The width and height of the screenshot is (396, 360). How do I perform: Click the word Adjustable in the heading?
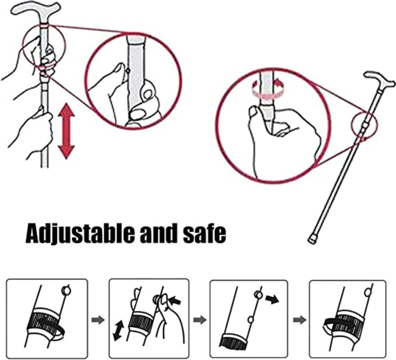[x=80, y=234]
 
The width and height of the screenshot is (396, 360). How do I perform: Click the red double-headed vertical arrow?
[x=66, y=131]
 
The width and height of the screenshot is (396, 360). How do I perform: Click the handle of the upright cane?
[x=36, y=9]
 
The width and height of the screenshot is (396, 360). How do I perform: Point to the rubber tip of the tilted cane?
[x=312, y=239]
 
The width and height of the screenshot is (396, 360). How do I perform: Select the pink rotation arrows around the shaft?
[x=267, y=90]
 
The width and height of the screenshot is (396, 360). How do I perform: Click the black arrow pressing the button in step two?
[x=175, y=301]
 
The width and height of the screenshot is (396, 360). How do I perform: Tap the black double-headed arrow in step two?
[x=118, y=330]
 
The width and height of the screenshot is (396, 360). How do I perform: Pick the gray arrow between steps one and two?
[x=98, y=320]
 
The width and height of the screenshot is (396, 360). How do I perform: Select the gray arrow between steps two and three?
[x=200, y=320]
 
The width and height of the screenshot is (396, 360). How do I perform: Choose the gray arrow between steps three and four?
[x=300, y=320]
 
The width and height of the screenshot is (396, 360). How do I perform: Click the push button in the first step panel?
[x=66, y=291]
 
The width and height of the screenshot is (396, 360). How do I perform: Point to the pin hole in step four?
[x=368, y=293]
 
